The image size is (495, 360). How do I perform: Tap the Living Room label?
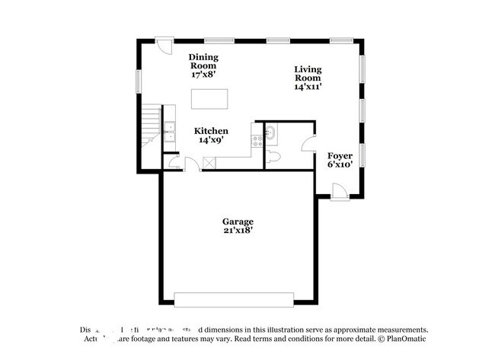click(308, 78)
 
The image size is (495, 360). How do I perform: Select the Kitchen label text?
click(211, 135)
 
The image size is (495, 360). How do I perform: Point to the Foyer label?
click(340, 159)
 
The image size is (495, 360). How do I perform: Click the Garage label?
click(238, 226)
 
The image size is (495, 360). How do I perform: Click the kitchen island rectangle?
click(210, 100)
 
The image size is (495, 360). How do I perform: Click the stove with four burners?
click(256, 140)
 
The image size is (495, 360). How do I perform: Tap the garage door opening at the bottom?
click(235, 298)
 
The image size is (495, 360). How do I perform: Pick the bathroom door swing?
click(308, 145)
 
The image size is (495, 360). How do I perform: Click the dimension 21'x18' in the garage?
click(238, 232)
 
